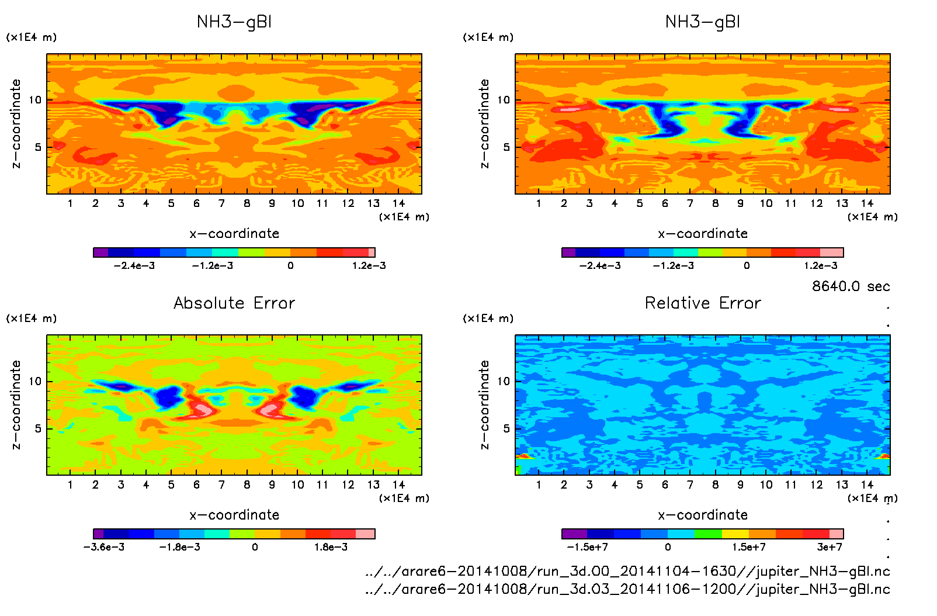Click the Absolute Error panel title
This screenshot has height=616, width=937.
coord(234,303)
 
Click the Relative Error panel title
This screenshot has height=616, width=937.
coord(703,303)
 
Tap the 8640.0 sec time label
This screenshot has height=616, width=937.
coord(851,286)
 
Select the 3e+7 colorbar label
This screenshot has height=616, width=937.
coord(830,547)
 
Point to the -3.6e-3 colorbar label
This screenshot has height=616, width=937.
coord(104,547)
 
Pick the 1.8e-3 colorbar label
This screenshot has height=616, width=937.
coord(331,547)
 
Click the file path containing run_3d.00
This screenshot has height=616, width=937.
coord(627,571)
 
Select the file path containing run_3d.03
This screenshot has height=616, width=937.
coord(627,589)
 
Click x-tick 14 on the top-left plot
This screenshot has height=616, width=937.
coord(398,203)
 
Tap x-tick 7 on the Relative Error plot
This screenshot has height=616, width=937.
coord(690,485)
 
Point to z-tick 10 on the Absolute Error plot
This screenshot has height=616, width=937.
coord(35,382)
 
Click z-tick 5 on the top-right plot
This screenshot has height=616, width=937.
coord(506,147)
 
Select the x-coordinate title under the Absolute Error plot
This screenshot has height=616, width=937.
coord(234,515)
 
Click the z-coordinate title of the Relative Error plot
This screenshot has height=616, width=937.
coord(484,404)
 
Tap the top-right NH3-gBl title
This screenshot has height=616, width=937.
coord(703,22)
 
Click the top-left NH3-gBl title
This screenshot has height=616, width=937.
coord(234,22)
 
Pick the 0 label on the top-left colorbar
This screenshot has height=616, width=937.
coord(290,266)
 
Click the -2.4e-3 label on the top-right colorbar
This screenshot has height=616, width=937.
coord(600,266)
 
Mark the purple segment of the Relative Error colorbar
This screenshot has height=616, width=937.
coord(574,534)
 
